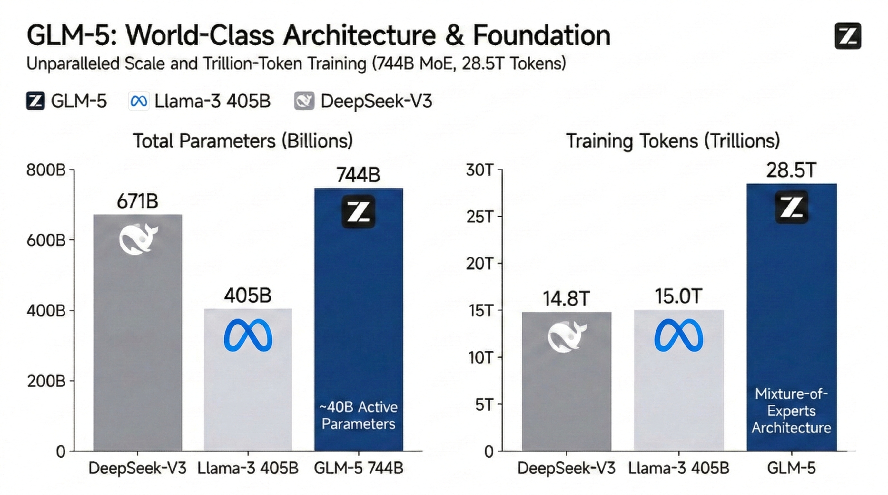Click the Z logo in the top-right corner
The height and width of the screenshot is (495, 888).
(x=848, y=36)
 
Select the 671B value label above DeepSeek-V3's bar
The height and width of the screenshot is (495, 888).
(x=137, y=201)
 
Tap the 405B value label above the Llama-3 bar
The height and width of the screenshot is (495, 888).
(x=248, y=296)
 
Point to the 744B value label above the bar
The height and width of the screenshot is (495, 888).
(x=358, y=175)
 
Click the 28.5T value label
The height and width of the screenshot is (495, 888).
(x=791, y=170)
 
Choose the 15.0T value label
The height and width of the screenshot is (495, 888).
(x=678, y=296)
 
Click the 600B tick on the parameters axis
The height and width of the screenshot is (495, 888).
(x=46, y=240)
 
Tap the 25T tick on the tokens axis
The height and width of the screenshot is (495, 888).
(x=479, y=217)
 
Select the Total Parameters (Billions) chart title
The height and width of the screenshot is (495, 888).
(x=243, y=141)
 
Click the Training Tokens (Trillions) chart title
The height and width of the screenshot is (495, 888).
(x=673, y=141)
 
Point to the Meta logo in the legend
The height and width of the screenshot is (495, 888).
(x=139, y=101)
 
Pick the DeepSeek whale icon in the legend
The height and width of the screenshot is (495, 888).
(x=304, y=101)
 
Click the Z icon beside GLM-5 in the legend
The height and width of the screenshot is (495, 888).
(x=35, y=101)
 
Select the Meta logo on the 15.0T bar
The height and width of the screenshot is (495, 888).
(x=678, y=335)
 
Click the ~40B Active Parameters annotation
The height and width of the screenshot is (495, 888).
(x=358, y=415)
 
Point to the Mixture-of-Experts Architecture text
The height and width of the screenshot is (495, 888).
(x=791, y=411)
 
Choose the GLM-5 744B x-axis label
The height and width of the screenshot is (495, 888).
(x=358, y=468)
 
